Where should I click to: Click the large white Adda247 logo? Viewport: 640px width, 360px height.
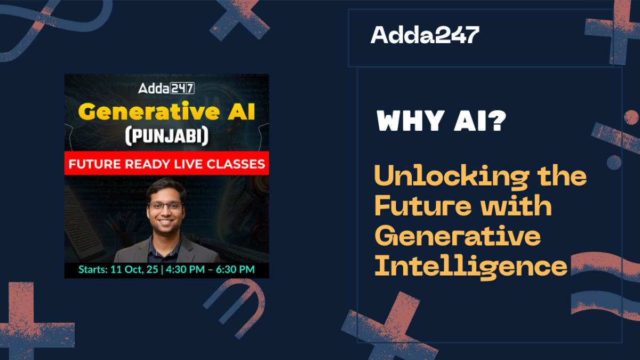tap(425, 35)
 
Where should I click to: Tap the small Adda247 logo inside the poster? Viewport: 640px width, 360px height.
tap(166, 88)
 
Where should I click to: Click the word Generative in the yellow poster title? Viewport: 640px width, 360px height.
tap(149, 111)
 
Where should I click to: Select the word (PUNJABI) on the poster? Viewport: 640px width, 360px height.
tap(167, 136)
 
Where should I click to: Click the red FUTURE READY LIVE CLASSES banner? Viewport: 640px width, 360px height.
tap(166, 163)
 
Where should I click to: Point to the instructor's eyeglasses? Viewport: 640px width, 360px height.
tap(165, 206)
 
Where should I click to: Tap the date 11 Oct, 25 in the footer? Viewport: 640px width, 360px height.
tap(134, 269)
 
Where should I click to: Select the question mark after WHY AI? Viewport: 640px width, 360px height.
tap(497, 121)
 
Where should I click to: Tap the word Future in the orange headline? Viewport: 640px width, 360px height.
tap(423, 205)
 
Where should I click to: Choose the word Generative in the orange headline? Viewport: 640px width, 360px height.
tap(458, 235)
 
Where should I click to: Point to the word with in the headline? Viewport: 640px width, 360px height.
tap(516, 205)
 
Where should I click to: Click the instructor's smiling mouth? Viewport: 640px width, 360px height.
tap(165, 221)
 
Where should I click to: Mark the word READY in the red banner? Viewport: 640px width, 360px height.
tap(148, 164)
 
